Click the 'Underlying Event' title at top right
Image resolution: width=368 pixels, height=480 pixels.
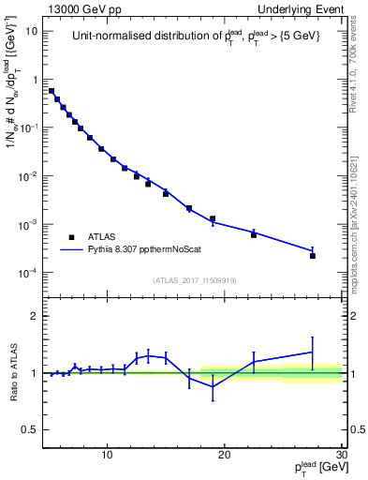[302, 8]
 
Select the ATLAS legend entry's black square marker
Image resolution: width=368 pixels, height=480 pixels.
[71, 237]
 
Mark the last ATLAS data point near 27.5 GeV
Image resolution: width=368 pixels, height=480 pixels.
[313, 256]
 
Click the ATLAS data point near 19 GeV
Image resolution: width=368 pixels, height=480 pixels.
[213, 219]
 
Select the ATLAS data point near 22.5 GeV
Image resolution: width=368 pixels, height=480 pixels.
[254, 234]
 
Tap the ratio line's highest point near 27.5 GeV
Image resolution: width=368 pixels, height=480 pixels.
[313, 352]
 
